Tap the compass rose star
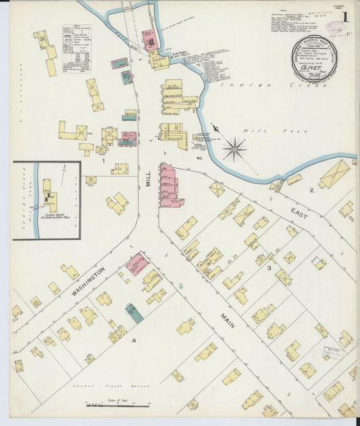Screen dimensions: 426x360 [x=234, y=149]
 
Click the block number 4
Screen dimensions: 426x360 [x=134, y=341]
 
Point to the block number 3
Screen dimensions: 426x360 [x=268, y=269]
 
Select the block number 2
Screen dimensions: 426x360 [x=311, y=190]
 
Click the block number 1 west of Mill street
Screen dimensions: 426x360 [x=103, y=161]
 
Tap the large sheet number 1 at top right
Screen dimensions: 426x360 [x=345, y=17]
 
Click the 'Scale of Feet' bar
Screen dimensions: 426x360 [x=118, y=405]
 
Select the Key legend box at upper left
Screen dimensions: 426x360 [x=76, y=49]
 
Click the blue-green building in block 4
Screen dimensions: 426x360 [x=134, y=313]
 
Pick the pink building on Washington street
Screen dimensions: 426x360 [x=137, y=263]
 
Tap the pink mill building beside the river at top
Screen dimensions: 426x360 [x=151, y=40]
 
